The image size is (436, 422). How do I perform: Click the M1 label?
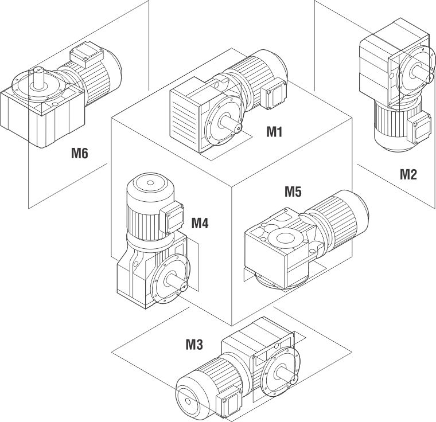(275, 132)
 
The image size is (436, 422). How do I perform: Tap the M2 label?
(408, 174)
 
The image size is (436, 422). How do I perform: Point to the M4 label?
(200, 222)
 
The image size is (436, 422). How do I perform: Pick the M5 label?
(293, 192)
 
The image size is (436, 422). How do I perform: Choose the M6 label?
(80, 153)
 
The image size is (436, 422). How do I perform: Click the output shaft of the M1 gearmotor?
(234, 123)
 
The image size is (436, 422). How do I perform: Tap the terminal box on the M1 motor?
(274, 93)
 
